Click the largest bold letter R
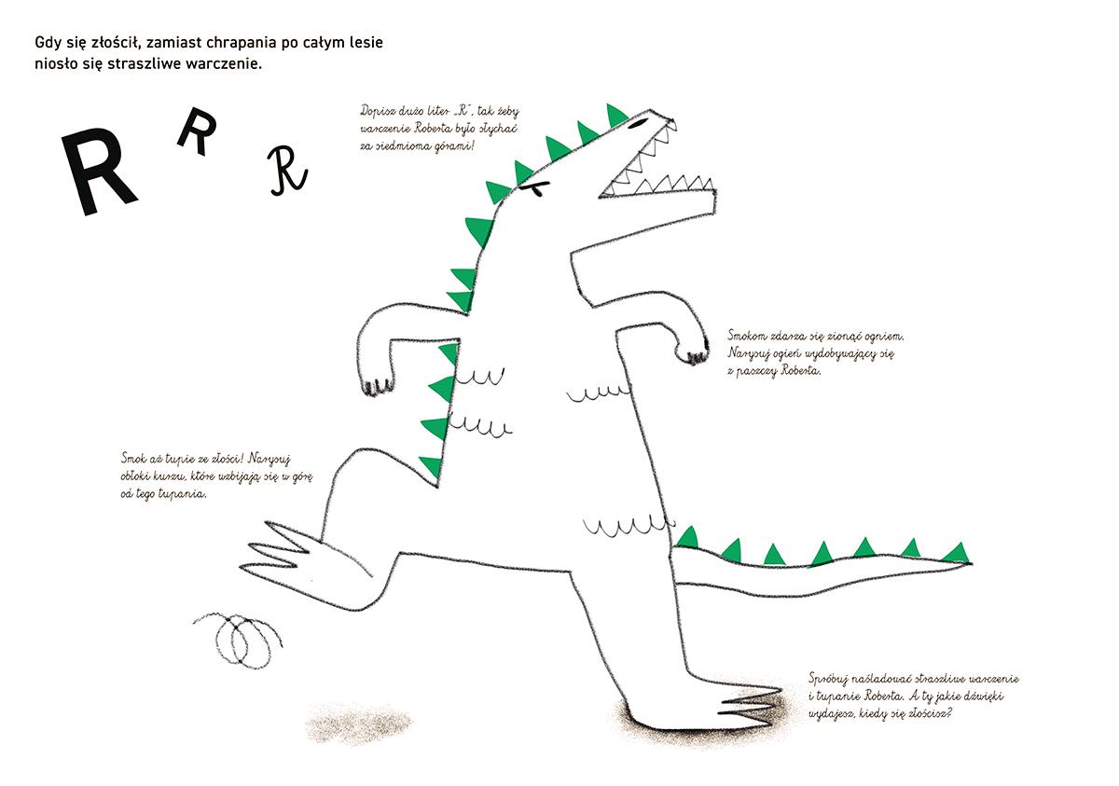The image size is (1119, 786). point(97,172)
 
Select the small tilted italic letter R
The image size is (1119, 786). point(198,131)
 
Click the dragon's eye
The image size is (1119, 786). point(638,123)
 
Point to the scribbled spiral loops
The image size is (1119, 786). point(239,640)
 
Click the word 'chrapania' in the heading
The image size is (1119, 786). point(241,44)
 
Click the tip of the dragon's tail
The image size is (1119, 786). point(972,564)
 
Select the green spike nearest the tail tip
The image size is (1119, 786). point(956,552)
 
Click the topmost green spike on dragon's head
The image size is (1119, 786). point(616,115)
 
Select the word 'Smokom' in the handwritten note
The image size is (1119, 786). point(749,336)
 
